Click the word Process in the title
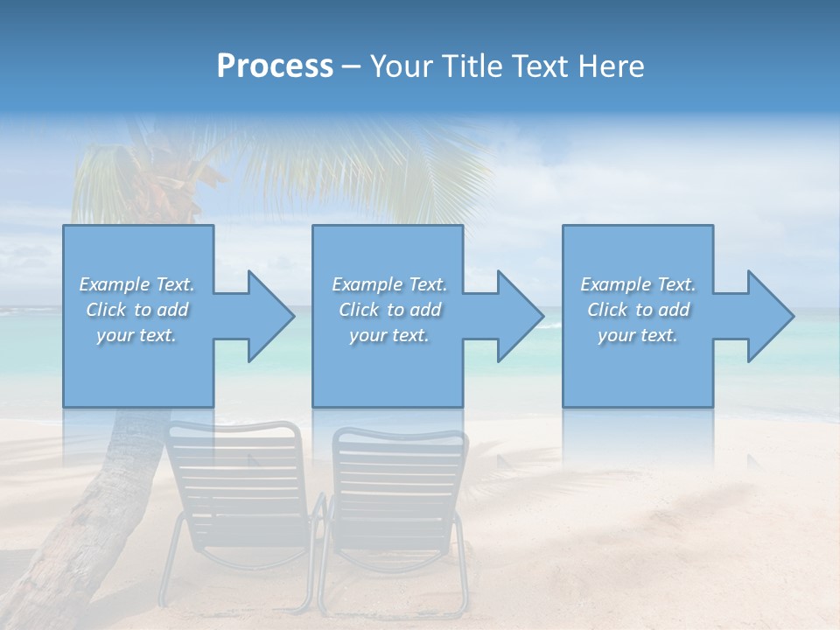[275, 66]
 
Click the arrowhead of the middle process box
[520, 316]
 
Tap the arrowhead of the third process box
[770, 316]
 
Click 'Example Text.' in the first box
[137, 284]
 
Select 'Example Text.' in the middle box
[389, 284]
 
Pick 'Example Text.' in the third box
[638, 284]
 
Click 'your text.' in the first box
[136, 335]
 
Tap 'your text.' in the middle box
[388, 335]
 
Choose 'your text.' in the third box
[637, 335]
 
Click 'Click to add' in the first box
[137, 310]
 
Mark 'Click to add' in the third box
[639, 310]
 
